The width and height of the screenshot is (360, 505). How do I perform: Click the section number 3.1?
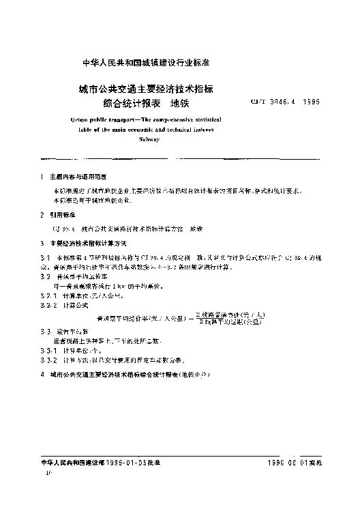tap(45, 256)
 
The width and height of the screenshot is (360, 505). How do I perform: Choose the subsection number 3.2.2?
tap(48, 306)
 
